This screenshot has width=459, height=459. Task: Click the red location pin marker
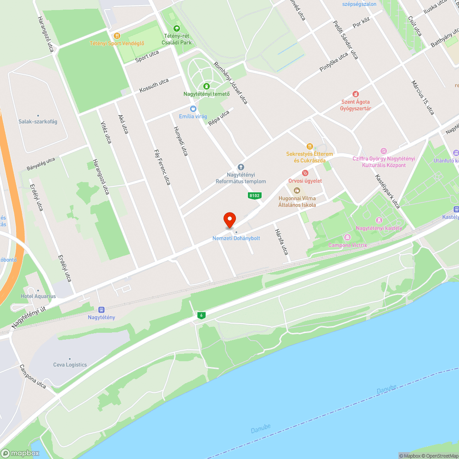229,220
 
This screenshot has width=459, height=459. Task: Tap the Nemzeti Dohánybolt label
236,238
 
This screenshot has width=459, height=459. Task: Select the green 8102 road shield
254,196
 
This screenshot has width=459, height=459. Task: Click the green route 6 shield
201,315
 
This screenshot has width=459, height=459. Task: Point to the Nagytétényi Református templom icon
241,167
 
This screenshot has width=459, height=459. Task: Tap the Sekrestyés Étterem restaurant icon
310,146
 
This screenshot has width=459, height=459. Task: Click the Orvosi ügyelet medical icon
305,173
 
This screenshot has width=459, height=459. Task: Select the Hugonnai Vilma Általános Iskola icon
297,190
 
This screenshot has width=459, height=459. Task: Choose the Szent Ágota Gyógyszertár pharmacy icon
355,94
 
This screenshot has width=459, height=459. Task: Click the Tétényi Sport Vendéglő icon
117,35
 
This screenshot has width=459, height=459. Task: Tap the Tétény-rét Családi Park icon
177,28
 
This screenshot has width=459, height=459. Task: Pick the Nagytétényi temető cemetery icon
207,86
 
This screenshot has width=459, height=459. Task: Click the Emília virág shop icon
193,109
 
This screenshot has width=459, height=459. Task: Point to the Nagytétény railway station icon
101,309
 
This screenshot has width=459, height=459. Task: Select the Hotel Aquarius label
38,296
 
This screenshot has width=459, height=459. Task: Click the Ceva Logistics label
70,364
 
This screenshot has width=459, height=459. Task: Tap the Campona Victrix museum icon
347,237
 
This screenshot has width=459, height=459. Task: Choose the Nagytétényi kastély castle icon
379,220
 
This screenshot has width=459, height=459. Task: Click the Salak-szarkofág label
38,122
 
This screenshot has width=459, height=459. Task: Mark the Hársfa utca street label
281,242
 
